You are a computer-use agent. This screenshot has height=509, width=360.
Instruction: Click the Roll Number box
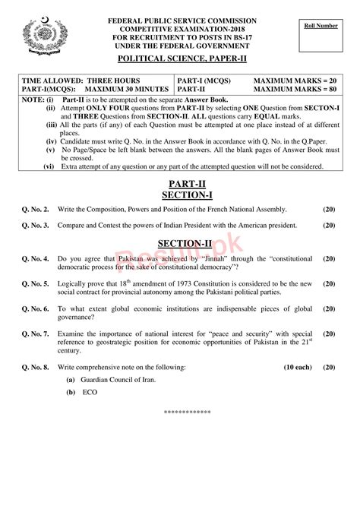[x=316, y=37]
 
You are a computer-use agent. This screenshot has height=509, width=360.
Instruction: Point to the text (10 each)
[x=297, y=366]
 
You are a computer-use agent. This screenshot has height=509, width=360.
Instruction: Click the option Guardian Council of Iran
[x=115, y=380]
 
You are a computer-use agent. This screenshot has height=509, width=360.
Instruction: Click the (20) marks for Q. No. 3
[x=328, y=226]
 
